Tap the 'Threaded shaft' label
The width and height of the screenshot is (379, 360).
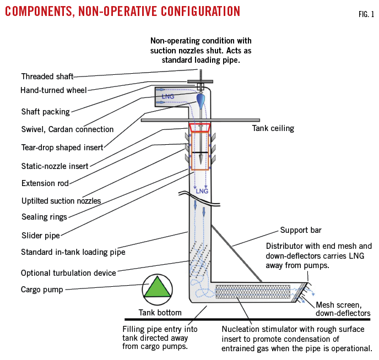(47, 77)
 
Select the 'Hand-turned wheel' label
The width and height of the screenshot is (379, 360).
(53, 90)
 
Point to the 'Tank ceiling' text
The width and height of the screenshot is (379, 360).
(273, 128)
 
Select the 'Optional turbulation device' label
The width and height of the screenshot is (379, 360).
(68, 273)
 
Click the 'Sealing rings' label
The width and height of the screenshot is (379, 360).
(44, 217)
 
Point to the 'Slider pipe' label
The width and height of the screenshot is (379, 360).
(40, 236)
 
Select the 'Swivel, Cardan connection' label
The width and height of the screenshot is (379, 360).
(67, 129)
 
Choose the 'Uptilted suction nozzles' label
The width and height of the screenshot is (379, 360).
(61, 201)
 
